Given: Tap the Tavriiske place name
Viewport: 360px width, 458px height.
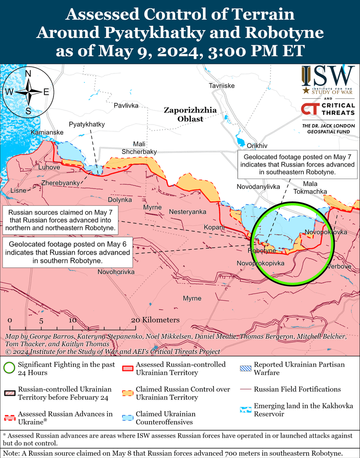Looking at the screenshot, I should [x=222, y=86].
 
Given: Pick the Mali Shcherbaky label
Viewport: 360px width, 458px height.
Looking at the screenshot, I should [x=139, y=147].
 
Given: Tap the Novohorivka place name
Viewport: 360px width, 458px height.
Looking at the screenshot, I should [x=116, y=272].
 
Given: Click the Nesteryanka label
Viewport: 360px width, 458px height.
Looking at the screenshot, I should [x=187, y=212].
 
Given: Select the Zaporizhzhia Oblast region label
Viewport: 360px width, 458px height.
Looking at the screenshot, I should [x=190, y=114].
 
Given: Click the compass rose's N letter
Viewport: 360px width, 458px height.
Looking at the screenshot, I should [x=28, y=73].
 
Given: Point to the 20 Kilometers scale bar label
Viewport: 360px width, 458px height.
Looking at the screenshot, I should [x=155, y=320].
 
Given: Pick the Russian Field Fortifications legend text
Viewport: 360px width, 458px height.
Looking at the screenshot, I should [x=297, y=389].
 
